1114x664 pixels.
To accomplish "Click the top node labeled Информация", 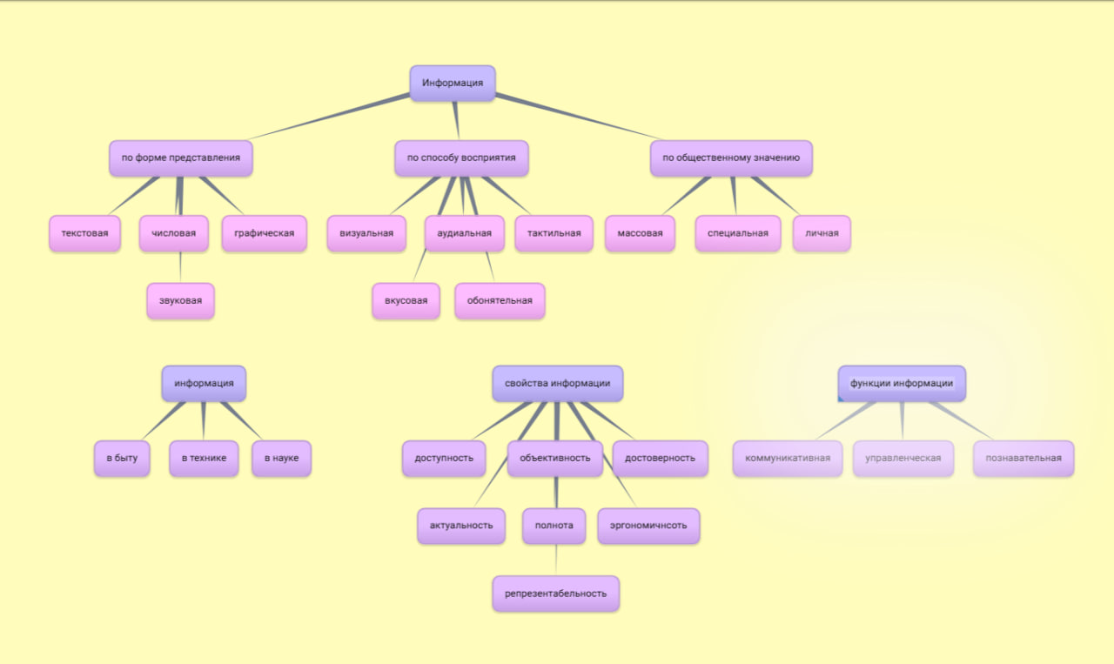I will (x=453, y=84).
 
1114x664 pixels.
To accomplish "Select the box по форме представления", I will (x=181, y=158).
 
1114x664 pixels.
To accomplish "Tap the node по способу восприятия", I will (x=461, y=158).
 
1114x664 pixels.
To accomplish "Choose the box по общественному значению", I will (x=731, y=158).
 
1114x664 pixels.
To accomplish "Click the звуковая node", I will (x=180, y=301).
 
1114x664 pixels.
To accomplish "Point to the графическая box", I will (x=264, y=233).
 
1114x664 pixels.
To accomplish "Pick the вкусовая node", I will (x=406, y=301).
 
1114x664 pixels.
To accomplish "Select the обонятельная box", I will (x=500, y=301).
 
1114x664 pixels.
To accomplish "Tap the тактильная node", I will (x=554, y=233).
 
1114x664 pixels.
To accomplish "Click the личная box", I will (x=822, y=233).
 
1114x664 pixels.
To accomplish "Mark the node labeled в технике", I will (x=204, y=459).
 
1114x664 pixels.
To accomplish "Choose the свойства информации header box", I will (x=558, y=383).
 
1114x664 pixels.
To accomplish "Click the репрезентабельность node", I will (x=555, y=594).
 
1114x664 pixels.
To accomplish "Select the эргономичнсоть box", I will (x=648, y=526).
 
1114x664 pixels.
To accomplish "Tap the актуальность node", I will (x=461, y=526).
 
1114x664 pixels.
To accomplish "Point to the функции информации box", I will (x=902, y=383).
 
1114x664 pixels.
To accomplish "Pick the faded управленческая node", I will (x=903, y=459).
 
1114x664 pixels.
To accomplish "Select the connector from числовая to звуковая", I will (x=180, y=267).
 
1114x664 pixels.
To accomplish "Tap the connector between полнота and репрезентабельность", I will (x=556, y=560).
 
